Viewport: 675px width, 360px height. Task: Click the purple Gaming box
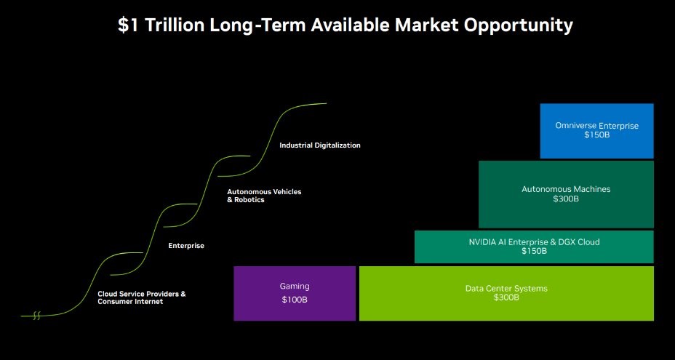[x=295, y=293]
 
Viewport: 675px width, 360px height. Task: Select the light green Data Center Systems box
[x=506, y=293]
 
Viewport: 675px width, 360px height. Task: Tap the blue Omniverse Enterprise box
[x=596, y=131]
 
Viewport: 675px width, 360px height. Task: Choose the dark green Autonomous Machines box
[x=566, y=194]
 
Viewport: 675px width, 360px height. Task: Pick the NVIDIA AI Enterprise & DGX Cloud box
[x=534, y=247]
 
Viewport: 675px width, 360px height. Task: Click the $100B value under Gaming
[x=295, y=300]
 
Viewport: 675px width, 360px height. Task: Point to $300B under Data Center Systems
[x=506, y=297]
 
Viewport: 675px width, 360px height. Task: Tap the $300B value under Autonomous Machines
[x=566, y=199]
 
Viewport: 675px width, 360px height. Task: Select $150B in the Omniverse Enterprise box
[x=596, y=135]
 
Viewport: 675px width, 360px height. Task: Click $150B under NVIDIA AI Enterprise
[x=534, y=251]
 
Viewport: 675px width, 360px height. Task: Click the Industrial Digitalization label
[x=320, y=145]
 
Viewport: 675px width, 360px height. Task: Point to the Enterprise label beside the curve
[x=186, y=246]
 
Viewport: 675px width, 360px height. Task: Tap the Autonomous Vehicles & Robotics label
[x=264, y=196]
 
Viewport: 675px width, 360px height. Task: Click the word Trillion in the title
[x=175, y=25]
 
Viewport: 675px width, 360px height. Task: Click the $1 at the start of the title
[x=128, y=25]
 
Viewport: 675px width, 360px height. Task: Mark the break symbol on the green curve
[x=36, y=316]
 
